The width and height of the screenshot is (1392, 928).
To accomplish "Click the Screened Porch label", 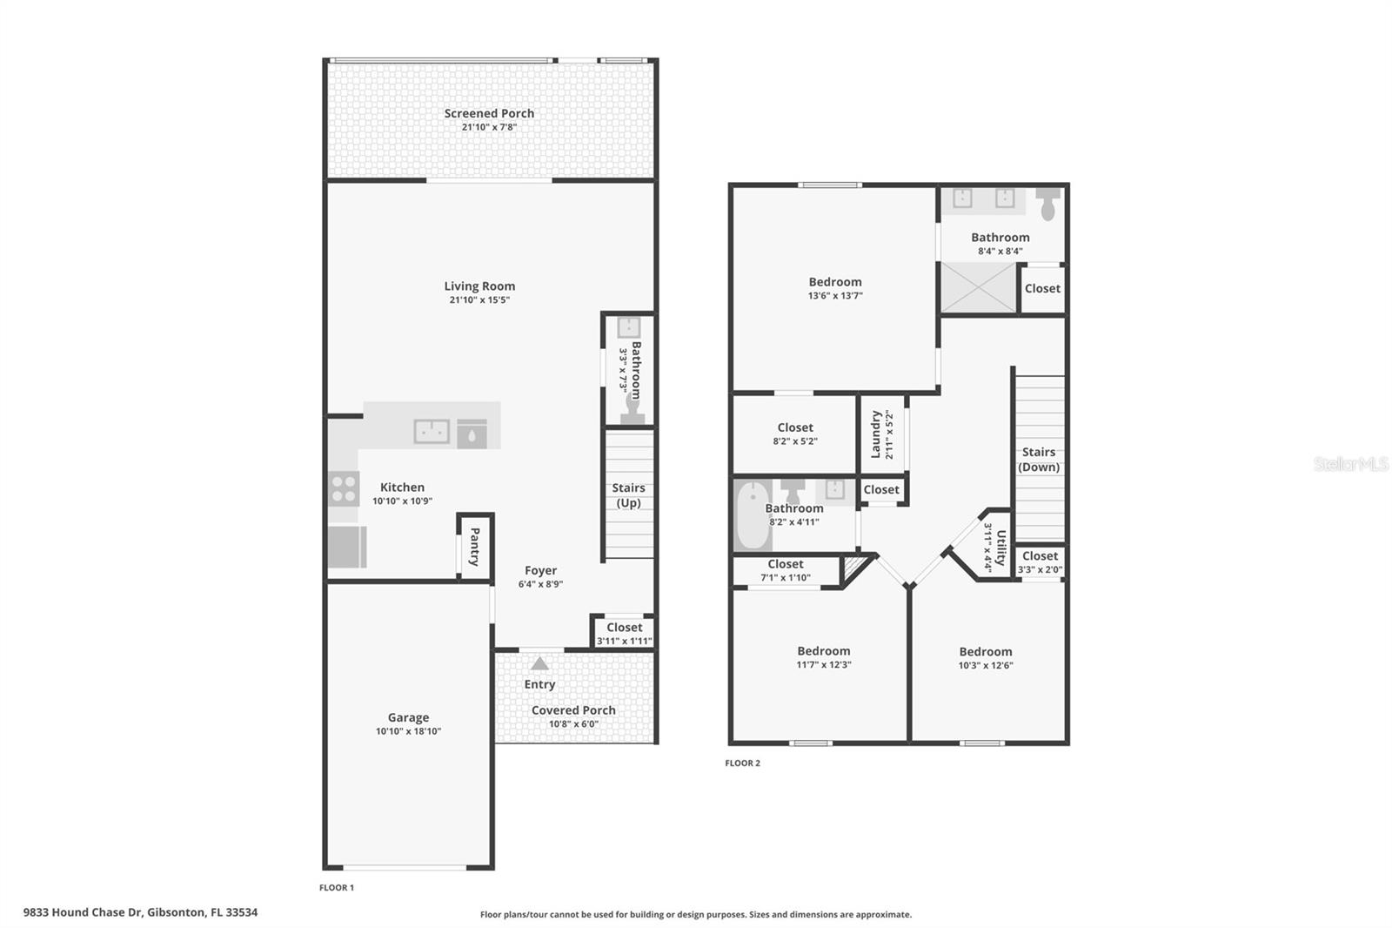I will point(489,113).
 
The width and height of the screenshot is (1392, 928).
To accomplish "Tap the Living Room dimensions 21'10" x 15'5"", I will point(479,300).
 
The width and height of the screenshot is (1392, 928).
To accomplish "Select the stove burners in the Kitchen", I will point(344,489).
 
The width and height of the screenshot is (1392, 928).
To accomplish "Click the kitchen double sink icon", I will point(432,431).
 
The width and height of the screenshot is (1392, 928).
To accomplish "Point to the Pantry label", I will point(475,547).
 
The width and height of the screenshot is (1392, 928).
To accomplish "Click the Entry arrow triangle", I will point(539,664).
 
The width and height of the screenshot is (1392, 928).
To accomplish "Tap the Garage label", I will point(408,718).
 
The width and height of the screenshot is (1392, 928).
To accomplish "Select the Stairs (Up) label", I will point(628,495).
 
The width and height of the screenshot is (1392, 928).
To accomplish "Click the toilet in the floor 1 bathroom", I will point(632,410).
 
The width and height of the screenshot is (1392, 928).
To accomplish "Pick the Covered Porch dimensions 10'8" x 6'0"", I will point(573,724).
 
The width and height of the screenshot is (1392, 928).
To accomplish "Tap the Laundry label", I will point(876,434).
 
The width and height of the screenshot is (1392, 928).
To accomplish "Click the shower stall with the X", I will point(978,287).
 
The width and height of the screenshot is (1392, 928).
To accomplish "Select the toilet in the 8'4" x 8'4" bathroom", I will point(1049,205).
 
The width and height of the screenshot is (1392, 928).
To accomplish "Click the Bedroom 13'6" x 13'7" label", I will point(835,282).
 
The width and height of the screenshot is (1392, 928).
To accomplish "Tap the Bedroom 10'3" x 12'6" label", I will point(985,652).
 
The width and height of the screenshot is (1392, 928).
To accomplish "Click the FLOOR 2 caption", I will point(742,763).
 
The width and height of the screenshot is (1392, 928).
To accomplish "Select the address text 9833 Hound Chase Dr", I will point(83,912).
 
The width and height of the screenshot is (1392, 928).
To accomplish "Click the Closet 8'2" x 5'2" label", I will point(795,428).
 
